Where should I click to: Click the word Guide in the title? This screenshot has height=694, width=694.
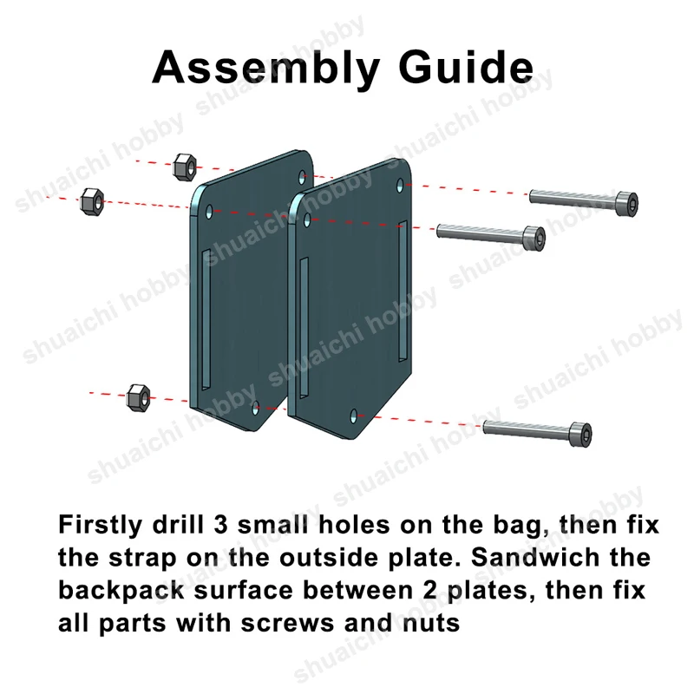[466, 67]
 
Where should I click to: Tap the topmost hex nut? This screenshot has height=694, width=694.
[185, 167]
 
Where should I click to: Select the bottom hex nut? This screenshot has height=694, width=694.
[138, 398]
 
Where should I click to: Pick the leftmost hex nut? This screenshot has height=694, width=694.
[92, 202]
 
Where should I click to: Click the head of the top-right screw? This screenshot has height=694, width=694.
[626, 204]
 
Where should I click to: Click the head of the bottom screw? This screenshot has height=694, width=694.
[579, 435]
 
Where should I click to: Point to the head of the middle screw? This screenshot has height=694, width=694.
[534, 239]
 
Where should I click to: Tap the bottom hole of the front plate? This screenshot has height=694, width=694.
[353, 416]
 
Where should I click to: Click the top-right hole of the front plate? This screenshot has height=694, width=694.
[400, 186]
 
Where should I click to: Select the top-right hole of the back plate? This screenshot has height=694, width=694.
[302, 177]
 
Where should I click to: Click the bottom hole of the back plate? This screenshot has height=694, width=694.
[255, 408]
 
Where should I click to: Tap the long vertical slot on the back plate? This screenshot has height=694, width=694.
[206, 319]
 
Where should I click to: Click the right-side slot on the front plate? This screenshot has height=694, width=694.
[403, 291]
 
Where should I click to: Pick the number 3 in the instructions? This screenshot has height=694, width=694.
[220, 525]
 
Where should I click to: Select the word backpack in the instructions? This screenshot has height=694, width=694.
[121, 591]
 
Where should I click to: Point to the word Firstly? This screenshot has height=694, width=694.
[101, 525]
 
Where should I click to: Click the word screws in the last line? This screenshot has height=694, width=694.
[288, 624]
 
